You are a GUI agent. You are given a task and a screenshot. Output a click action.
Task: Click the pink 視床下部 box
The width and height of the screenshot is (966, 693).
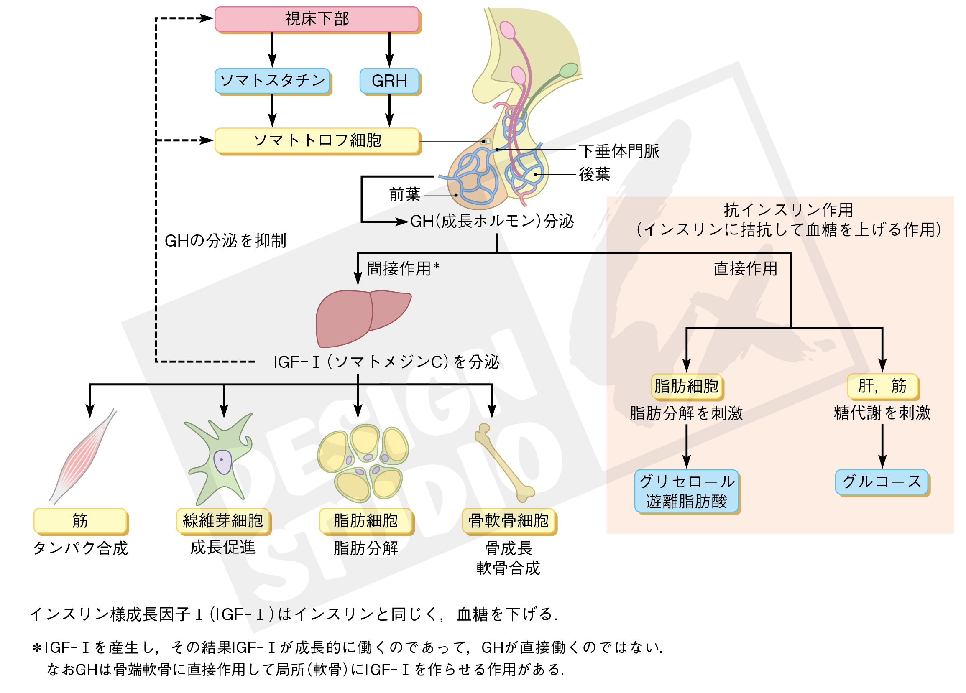pos(317,19)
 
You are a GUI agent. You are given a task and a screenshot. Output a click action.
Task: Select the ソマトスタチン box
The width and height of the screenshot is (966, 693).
pos(273,80)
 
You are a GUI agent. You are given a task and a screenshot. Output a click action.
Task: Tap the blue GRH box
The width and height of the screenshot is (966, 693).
pos(389,80)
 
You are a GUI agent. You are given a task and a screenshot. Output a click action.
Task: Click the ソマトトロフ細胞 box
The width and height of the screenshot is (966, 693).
pos(317,140)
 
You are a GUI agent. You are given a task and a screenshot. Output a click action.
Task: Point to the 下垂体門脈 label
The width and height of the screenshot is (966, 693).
pos(618,151)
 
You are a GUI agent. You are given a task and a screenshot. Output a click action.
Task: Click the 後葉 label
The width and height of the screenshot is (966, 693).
pos(594,175)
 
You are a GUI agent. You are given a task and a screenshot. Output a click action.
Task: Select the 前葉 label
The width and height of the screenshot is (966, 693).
pos(404,194)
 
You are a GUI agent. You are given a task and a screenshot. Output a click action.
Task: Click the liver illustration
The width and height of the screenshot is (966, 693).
pos(360,317)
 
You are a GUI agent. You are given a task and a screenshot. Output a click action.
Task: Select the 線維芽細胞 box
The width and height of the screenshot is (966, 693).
pos(223,521)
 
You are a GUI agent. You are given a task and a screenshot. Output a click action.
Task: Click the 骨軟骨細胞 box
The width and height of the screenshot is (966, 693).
pos(509,521)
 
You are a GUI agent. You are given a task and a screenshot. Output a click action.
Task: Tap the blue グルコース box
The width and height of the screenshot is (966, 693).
pos(882,482)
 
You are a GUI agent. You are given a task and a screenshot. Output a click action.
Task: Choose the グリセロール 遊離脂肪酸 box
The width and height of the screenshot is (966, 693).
pos(686,491)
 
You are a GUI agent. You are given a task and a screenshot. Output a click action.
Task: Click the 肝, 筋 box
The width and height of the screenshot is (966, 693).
pos(882,386)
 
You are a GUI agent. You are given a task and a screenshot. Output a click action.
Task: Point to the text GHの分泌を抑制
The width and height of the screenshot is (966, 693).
pos(225,241)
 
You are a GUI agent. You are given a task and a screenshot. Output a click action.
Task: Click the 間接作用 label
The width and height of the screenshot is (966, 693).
pos(399,269)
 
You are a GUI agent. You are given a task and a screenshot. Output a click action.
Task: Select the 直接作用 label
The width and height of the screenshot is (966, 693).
pos(745,269)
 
